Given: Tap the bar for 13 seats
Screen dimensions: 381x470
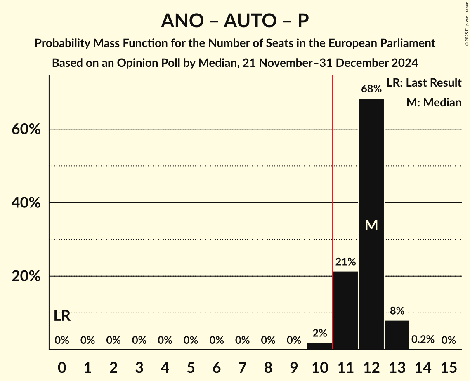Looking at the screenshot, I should (397, 335).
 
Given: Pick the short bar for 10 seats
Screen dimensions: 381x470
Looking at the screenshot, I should (320, 346).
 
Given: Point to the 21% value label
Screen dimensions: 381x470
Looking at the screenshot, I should (345, 262).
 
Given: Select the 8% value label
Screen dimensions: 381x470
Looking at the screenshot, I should (397, 311).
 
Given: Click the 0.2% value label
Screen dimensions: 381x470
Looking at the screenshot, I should (423, 340).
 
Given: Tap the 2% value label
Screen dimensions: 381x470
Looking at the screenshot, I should (320, 333).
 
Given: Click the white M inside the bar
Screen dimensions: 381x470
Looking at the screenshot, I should (371, 225).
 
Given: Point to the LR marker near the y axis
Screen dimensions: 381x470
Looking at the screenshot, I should (62, 316).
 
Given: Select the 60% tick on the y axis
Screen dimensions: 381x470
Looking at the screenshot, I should (26, 129).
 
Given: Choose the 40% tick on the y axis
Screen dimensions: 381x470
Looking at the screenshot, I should (26, 203).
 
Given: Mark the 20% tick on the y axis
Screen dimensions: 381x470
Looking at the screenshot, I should (26, 276).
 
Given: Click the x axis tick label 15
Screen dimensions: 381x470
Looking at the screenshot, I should (449, 366).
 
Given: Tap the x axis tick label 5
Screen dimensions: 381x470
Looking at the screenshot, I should (191, 366).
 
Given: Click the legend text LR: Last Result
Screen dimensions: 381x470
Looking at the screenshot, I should (424, 83).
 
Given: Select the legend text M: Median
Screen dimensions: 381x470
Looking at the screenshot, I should (434, 102).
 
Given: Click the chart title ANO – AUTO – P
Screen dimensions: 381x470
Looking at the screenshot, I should (235, 21).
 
